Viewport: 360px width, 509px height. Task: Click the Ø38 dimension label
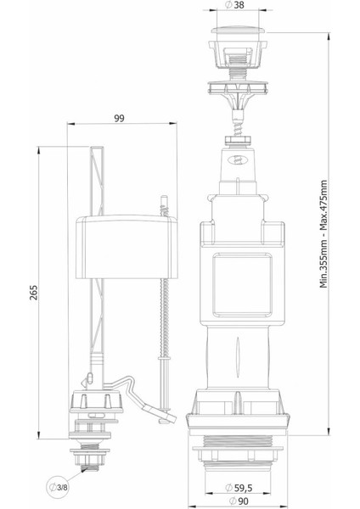click(234, 5)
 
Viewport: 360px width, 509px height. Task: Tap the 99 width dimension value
click(119, 119)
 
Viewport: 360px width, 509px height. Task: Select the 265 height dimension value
click(34, 293)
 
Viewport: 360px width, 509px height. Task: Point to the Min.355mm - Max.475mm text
click(323, 234)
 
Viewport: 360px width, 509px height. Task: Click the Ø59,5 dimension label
click(239, 487)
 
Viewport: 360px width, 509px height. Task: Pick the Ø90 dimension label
click(239, 501)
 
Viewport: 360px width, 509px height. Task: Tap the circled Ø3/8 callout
click(59, 487)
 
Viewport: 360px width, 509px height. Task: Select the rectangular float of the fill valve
click(127, 247)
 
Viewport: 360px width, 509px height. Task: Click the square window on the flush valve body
click(242, 285)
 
